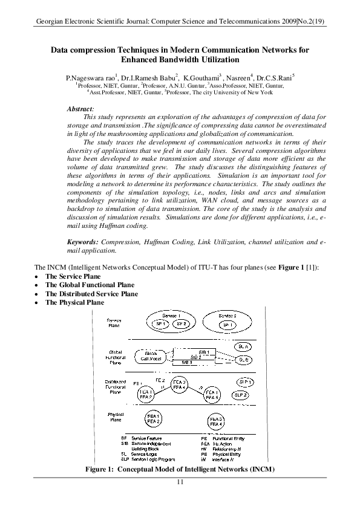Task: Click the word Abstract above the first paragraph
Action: point(80,108)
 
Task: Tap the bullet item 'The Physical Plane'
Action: point(74,302)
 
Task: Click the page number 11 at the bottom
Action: point(180,482)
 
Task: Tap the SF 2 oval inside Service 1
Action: point(182,325)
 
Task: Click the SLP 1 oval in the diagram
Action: point(244,383)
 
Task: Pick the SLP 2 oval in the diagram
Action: point(241,394)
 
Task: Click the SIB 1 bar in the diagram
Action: point(204,352)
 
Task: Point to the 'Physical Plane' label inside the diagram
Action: point(116,418)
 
